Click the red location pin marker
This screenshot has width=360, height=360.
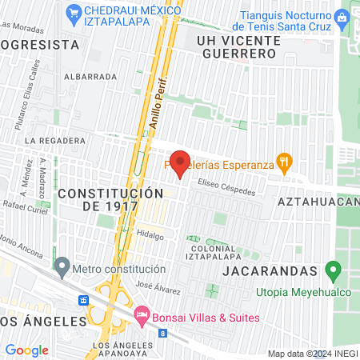pos(180,163)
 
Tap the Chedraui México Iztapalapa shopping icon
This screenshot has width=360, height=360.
pos(74,12)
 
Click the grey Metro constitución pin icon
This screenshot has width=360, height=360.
pos(62,264)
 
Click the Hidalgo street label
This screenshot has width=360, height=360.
pos(150,235)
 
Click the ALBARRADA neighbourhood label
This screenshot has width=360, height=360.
pos(90,76)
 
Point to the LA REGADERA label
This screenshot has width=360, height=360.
pos(54,140)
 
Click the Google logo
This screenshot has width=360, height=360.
pos(26,350)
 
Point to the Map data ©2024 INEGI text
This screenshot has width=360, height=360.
pos(312,354)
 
